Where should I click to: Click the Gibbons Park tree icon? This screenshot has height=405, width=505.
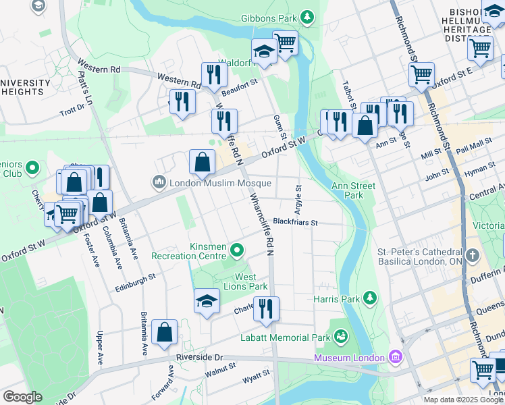point(307,16)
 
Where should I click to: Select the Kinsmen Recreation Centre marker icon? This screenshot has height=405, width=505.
point(236,250)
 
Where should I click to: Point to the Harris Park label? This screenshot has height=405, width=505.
point(336,298)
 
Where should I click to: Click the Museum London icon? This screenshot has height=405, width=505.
point(396,356)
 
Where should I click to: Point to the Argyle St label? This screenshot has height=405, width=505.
point(298,196)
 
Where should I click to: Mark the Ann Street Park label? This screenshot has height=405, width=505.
point(347,190)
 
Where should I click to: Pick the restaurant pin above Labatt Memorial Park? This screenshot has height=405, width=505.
point(266,308)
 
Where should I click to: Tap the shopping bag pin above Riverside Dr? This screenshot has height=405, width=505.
point(164,331)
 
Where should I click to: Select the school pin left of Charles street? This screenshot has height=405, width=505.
point(207,300)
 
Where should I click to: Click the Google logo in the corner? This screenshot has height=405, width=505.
point(22,397)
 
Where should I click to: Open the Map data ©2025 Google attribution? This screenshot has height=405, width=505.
point(462,400)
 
